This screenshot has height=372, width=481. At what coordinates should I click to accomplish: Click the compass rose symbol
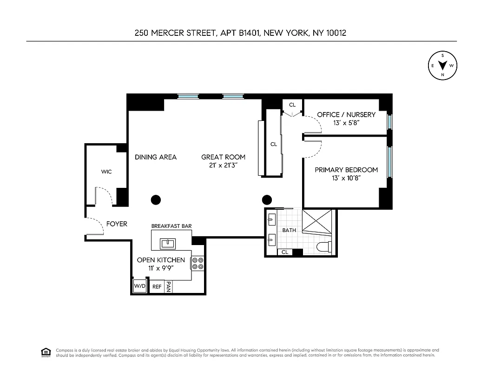point(442,66)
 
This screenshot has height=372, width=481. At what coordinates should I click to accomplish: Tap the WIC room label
point(106,172)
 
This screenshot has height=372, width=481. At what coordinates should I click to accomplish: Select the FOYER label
point(117,224)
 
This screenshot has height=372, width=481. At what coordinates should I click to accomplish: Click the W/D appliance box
point(139,286)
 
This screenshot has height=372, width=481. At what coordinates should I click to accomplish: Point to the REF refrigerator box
point(157,287)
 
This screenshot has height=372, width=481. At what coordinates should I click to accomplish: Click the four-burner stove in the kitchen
point(198,264)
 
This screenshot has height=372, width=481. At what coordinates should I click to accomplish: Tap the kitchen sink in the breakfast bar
point(167,243)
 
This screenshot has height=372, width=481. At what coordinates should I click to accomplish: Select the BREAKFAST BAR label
point(171,226)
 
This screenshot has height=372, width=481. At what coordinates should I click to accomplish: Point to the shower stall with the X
point(318,221)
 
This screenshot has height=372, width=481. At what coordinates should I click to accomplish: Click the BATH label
point(289,230)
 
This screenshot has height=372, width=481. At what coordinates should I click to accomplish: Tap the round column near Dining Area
point(156,200)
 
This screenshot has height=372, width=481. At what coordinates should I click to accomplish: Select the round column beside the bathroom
point(267,200)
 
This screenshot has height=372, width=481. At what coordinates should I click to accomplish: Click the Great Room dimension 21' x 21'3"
point(223,166)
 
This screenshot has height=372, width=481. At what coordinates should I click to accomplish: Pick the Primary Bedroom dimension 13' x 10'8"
point(346,178)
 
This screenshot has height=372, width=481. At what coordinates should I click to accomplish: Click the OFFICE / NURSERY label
point(346,114)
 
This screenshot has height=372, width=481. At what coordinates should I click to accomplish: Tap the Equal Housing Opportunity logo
point(46,352)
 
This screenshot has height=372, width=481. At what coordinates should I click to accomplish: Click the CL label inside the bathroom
point(285,252)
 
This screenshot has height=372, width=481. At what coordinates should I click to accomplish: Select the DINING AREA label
point(156,157)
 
